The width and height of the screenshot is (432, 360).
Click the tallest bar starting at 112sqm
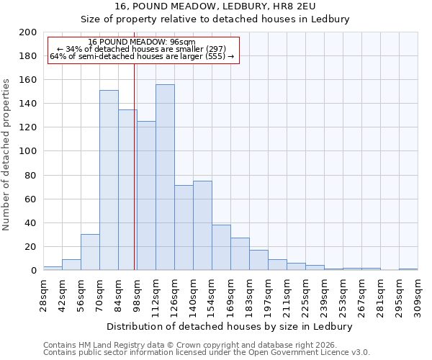165,177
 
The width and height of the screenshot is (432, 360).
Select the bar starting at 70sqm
109,180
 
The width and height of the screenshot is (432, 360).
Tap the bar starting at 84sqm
127,190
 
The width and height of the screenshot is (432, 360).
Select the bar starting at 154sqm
221,247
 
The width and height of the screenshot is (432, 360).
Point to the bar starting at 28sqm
53,268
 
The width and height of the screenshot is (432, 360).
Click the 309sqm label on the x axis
418,294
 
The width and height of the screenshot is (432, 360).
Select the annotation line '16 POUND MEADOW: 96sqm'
142,42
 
